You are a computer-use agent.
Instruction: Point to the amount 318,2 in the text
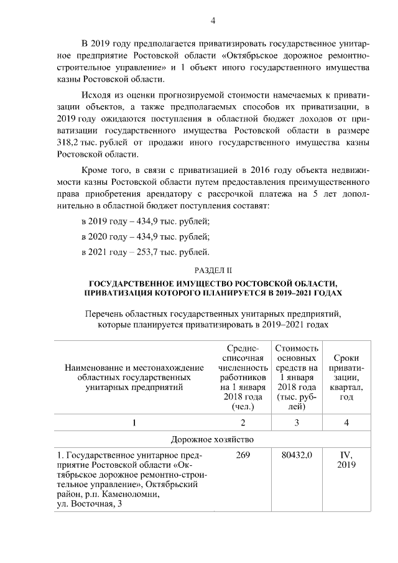(68, 142)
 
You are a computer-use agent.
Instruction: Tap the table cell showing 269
(243, 455)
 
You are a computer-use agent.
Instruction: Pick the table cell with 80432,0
(297, 455)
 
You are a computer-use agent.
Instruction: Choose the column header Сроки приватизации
(346, 377)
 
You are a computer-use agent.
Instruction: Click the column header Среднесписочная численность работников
(243, 377)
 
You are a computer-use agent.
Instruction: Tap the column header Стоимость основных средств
(297, 377)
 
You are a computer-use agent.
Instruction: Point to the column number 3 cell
(297, 422)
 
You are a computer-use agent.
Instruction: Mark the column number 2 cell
(243, 422)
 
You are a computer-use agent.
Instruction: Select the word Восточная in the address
(91, 504)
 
